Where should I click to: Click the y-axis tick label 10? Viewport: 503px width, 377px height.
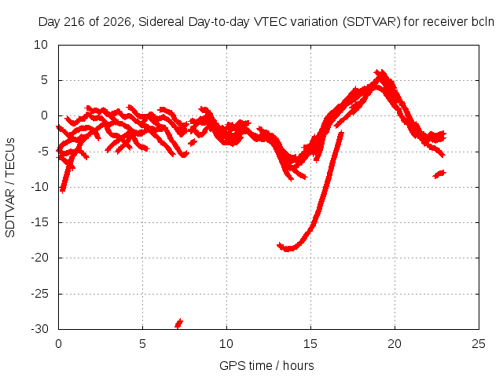(41, 45)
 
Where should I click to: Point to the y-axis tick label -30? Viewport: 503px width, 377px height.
(40, 329)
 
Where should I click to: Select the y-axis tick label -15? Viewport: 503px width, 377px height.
(40, 222)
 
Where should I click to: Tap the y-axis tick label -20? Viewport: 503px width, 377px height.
(40, 258)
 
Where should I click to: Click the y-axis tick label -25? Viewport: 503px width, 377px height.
(40, 293)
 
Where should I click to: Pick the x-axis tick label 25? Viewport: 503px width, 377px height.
(479, 344)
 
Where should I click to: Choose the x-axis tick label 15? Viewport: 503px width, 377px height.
(310, 344)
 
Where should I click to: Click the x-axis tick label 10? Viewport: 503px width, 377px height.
(226, 344)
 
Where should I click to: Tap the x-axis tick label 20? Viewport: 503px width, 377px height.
(395, 344)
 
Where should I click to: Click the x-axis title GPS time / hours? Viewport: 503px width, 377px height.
(266, 365)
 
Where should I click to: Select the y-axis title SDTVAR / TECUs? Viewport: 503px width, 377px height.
(10, 188)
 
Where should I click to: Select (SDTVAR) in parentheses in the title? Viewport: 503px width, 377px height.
(372, 22)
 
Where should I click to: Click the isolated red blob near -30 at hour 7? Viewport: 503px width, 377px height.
(178, 324)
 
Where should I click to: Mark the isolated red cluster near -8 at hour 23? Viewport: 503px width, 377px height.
(439, 174)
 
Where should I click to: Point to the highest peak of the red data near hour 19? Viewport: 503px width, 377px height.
(380, 71)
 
